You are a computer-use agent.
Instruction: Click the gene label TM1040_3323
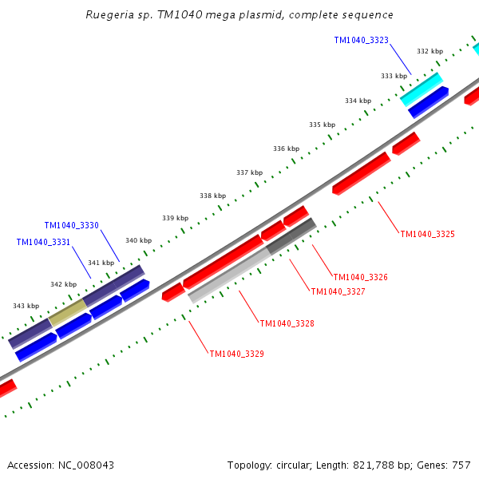[361, 40]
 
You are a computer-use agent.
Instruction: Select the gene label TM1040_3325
[427, 234]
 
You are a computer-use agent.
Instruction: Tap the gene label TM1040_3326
[360, 277]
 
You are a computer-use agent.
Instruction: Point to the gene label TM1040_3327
[338, 292]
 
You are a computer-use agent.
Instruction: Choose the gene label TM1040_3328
[287, 323]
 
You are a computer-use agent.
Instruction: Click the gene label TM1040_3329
[236, 354]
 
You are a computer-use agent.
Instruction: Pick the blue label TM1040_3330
[71, 226]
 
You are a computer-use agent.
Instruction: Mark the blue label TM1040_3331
[43, 242]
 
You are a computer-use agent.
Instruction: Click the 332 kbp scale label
[430, 52]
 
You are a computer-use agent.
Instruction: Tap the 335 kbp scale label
[322, 125]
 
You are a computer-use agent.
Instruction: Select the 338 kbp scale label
[212, 196]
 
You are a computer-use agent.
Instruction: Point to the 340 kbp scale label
[138, 240]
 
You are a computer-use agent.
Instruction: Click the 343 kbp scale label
[26, 306]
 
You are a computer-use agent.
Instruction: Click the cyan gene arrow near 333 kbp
[421, 89]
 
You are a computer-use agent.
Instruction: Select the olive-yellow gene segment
[68, 311]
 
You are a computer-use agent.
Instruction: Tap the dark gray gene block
[291, 236]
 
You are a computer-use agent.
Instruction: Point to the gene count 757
[461, 465]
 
